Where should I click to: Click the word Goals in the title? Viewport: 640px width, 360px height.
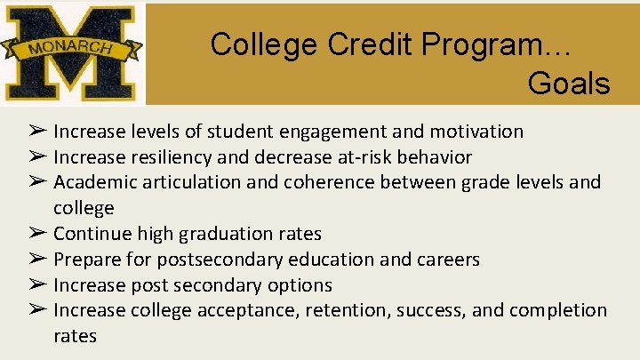568,84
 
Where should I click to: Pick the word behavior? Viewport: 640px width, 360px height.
439,157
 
